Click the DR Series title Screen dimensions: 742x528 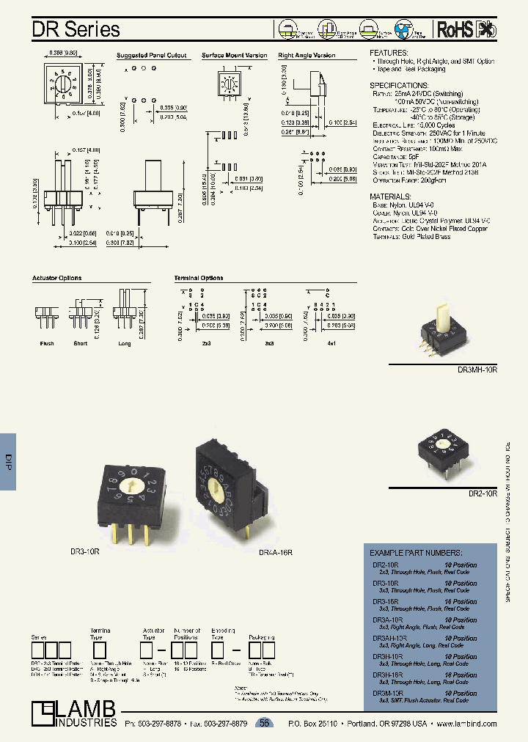[76, 29]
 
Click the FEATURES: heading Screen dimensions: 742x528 [389, 54]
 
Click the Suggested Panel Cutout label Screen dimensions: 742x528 [152, 56]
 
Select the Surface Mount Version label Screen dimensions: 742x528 [235, 56]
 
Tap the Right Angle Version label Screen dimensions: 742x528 [307, 56]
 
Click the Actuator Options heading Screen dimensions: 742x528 [56, 279]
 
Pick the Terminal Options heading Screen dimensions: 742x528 [199, 279]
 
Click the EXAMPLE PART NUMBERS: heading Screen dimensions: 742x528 [415, 552]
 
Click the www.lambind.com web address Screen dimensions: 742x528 [466, 724]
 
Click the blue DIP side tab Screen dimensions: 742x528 [9, 460]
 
